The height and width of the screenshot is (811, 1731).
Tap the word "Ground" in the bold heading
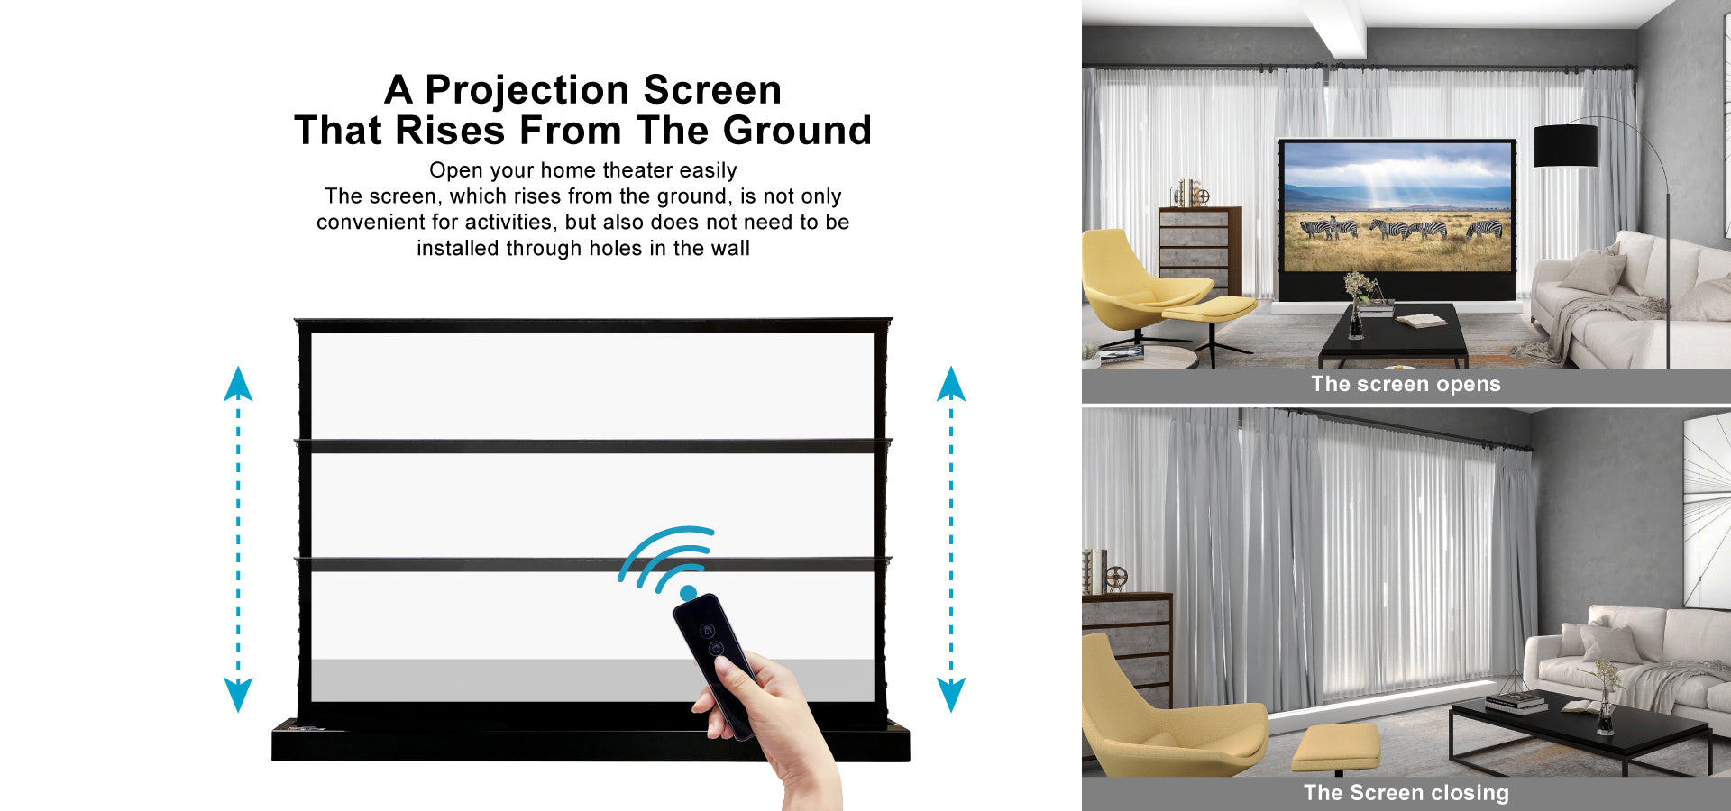(797, 130)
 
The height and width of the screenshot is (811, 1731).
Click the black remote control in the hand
(715, 663)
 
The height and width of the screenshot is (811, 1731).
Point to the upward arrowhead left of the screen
(238, 384)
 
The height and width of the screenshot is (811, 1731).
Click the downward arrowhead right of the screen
(951, 695)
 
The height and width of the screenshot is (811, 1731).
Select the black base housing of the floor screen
(591, 741)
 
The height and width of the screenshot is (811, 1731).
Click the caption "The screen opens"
(1406, 384)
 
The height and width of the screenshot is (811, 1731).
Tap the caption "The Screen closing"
(1406, 793)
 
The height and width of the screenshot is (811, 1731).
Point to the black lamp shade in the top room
(1565, 145)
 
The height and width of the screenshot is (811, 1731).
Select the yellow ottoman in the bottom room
(1336, 747)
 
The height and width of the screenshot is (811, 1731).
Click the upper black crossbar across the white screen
(593, 446)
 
